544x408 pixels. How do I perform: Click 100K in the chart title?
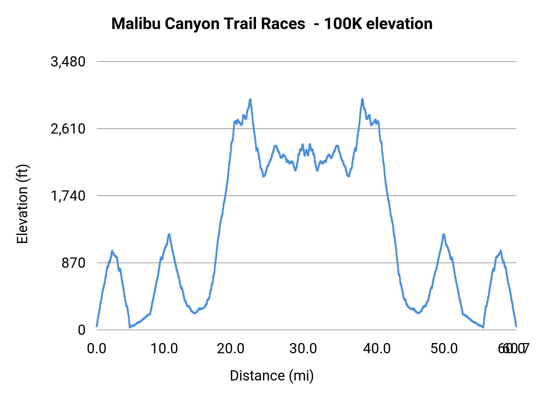pos(343,24)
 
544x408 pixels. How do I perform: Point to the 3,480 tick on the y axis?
pos(68,62)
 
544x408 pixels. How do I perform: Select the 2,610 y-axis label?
pos(68,129)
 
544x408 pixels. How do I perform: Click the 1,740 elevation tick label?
pos(68,196)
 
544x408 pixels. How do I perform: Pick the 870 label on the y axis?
pos(74,263)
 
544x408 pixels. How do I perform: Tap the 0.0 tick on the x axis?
pos(97,349)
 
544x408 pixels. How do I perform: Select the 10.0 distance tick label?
pos(164,349)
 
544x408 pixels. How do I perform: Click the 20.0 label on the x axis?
pos(231,349)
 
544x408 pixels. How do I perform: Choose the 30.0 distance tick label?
pos(303,349)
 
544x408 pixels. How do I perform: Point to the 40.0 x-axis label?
pos(377,349)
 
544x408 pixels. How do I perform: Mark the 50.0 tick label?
pos(444,349)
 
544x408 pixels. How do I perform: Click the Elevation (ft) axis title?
pos(22,204)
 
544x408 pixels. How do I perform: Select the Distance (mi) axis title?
pos(272,376)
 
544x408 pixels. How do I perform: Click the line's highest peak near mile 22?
pos(250,99)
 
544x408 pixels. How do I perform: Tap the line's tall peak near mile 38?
pos(362,99)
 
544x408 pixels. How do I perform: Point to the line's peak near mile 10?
pos(169,235)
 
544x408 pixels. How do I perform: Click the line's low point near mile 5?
pos(130,327)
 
